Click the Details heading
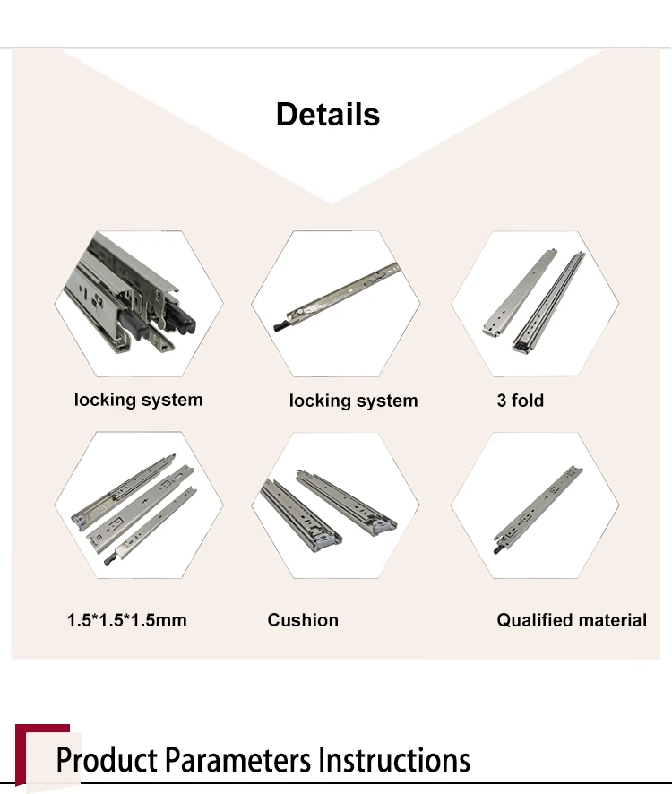[x=328, y=115]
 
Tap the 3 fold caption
[x=521, y=401]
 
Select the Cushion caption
[x=303, y=619]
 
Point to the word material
[x=611, y=619]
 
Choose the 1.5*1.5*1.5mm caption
[x=126, y=619]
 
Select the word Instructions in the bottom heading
[x=395, y=760]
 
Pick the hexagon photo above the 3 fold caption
[x=535, y=305]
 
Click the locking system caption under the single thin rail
[x=353, y=401]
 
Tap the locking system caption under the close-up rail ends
[x=138, y=400]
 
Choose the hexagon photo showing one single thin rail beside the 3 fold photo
[x=335, y=305]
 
